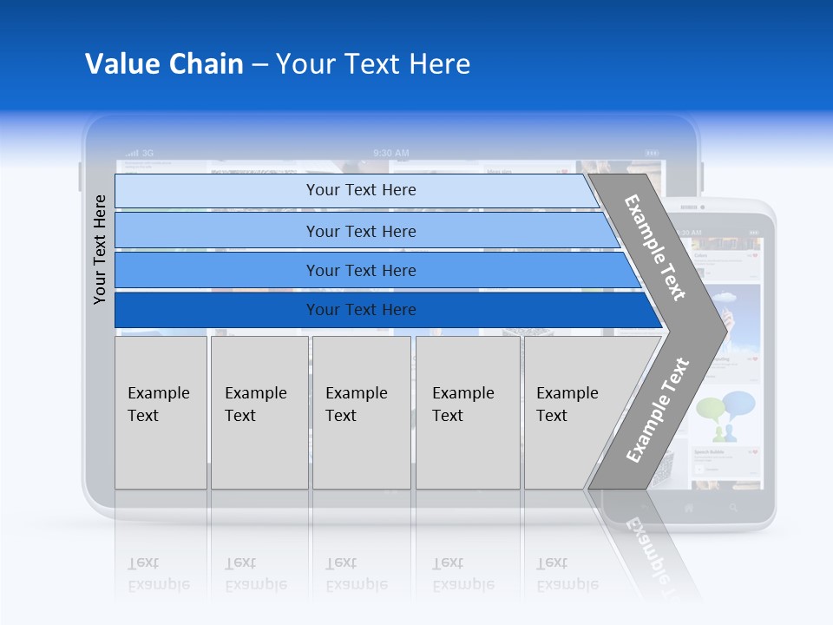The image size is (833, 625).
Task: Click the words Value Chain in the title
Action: point(164,64)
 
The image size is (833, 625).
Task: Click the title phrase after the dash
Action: point(372,64)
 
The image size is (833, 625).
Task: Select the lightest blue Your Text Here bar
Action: point(360,190)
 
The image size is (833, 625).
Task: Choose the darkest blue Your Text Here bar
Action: point(360,310)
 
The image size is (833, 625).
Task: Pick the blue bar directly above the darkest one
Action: point(360,271)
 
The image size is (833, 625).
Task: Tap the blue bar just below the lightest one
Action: point(360,231)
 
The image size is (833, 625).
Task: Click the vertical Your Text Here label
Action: point(100,249)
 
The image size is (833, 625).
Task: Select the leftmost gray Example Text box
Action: point(161,411)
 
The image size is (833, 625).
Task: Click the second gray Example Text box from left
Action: point(259,411)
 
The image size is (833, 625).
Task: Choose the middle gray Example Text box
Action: point(361,411)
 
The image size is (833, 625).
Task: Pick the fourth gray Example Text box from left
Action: point(468,411)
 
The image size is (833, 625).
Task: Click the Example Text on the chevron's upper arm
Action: point(654,247)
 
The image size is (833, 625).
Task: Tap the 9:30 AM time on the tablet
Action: point(390,153)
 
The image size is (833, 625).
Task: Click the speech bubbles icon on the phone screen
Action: point(725,413)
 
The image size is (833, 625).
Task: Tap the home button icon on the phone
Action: point(689,508)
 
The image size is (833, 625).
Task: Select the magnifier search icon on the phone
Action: point(733,508)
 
